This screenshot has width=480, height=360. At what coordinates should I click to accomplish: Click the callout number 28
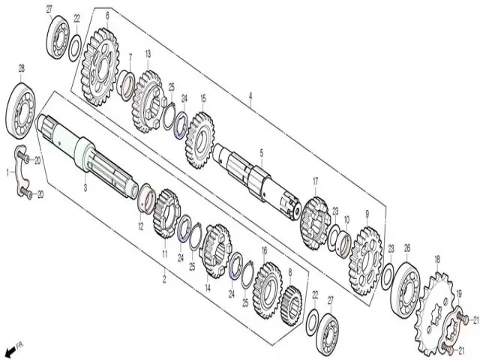coord(22,68)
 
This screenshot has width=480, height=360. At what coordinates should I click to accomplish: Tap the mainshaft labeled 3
coord(87,156)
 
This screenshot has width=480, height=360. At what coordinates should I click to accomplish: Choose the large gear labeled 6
coord(100,67)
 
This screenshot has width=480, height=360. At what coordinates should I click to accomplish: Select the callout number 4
coord(250,97)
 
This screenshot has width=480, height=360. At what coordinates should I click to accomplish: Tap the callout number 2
coord(164,279)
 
